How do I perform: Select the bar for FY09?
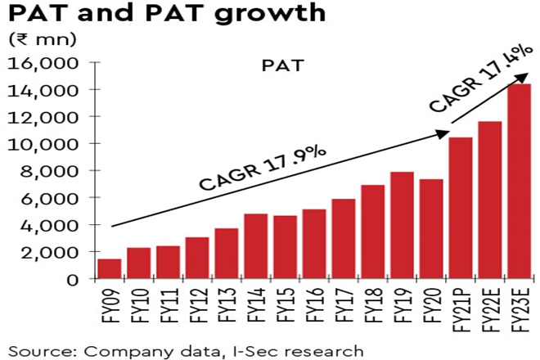pos(110,269)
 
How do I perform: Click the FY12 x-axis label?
pos(197,304)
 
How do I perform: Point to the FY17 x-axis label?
pos(344,304)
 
